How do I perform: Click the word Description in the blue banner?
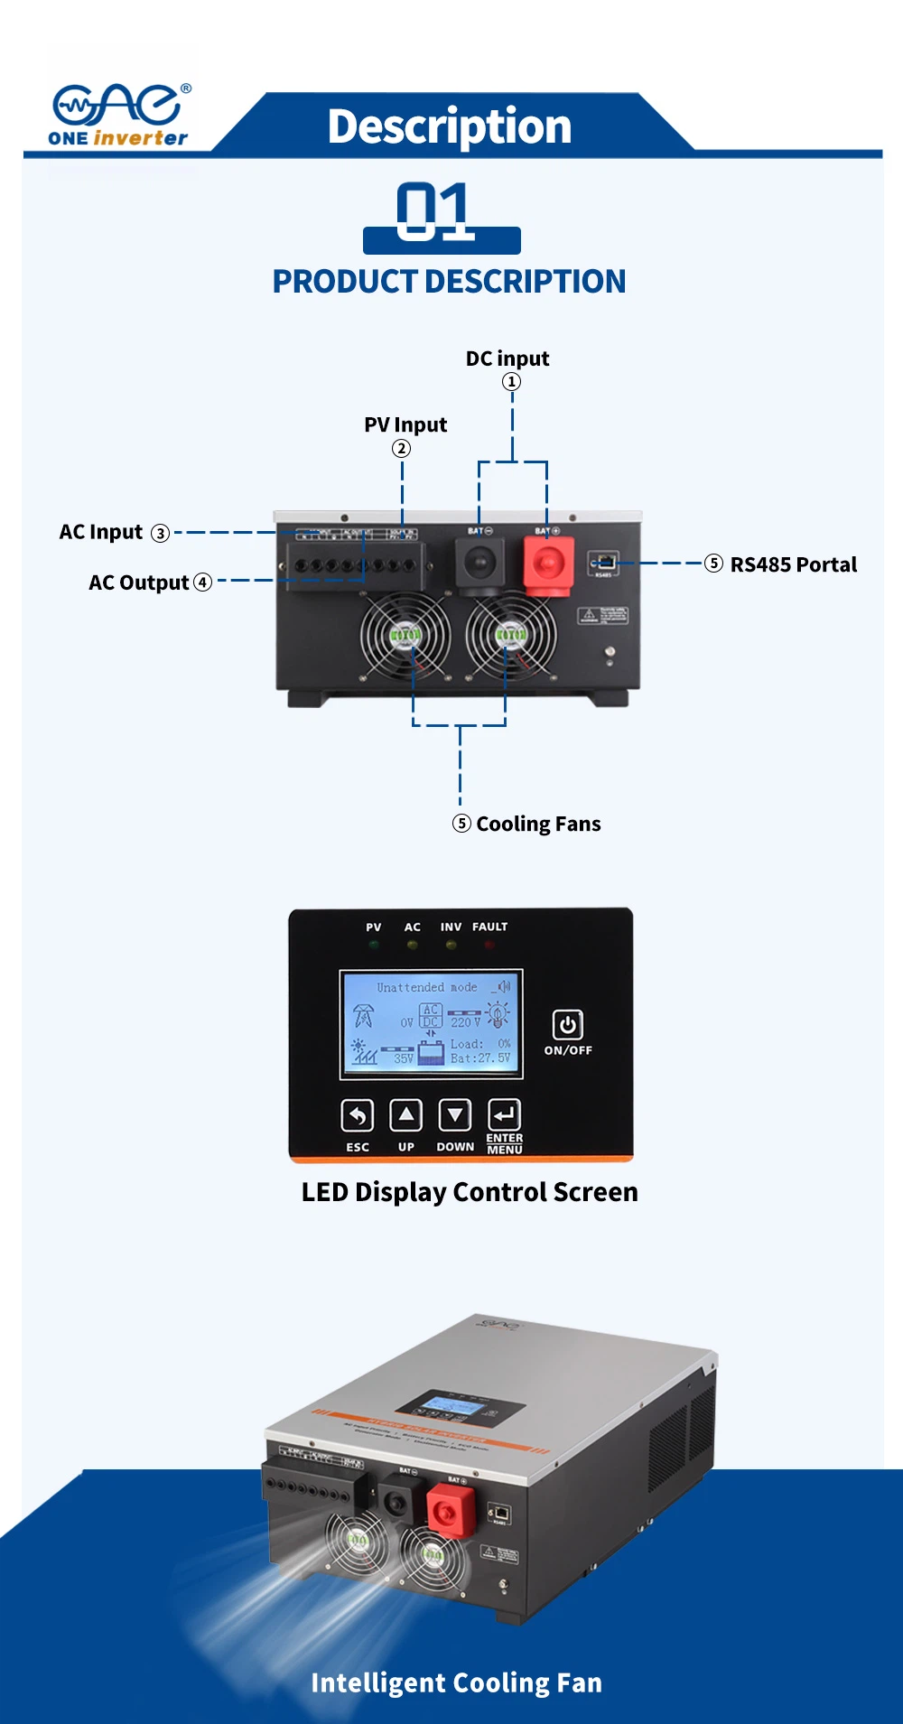(x=449, y=126)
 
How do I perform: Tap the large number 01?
(x=435, y=212)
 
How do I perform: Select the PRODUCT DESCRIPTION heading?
(x=449, y=282)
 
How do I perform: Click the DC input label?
(x=507, y=359)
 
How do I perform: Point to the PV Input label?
(x=405, y=424)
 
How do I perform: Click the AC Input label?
(x=101, y=532)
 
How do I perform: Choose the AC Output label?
(x=139, y=582)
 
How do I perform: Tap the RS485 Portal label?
(x=793, y=564)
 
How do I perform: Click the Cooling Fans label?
(x=537, y=824)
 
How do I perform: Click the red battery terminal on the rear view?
(x=548, y=564)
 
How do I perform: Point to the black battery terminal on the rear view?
(x=479, y=563)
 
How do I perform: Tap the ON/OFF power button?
(x=567, y=1025)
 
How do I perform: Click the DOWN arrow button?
(x=454, y=1116)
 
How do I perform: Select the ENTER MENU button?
(x=504, y=1116)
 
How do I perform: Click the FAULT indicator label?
(x=489, y=927)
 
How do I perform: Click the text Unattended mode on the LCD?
(x=426, y=988)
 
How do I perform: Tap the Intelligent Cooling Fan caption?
(x=456, y=1682)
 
